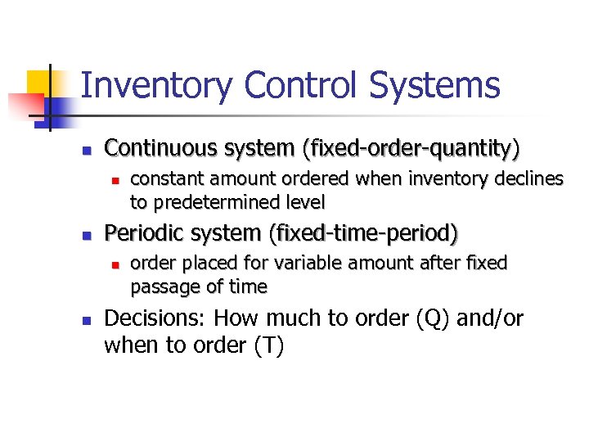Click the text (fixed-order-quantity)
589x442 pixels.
[x=411, y=148]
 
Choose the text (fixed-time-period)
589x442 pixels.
[x=363, y=233]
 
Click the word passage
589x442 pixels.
[x=161, y=286]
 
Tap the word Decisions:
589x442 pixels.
[x=155, y=318]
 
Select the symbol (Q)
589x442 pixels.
[x=436, y=318]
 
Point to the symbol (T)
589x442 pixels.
[x=268, y=345]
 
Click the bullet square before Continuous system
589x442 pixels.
[x=85, y=150]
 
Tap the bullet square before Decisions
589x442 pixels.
[x=85, y=319]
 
